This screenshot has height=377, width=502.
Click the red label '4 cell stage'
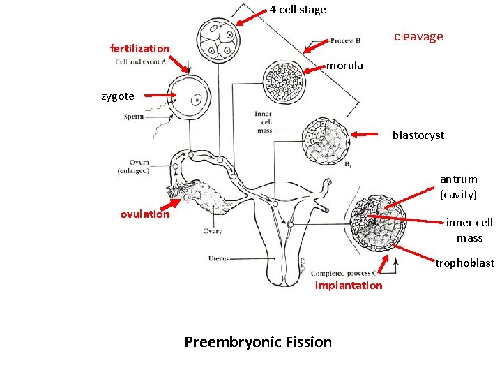coord(298,10)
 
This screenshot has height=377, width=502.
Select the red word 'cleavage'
coord(418,36)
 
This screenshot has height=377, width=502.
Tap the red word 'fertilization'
coord(139,48)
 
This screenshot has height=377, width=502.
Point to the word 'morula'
coord(344,66)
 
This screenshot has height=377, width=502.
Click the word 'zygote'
coord(118,96)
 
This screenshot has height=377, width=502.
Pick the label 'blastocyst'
coord(418,135)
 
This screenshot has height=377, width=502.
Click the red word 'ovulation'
coord(145,214)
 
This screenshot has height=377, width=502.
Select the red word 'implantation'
coord(349,285)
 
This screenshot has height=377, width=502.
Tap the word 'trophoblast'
coord(464,263)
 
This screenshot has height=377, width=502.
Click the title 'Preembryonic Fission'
coord(258,341)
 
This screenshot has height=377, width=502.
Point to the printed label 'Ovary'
coord(213,232)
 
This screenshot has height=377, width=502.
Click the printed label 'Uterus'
coord(218,259)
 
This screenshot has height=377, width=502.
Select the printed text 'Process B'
coord(346,40)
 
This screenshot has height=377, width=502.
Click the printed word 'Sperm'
coord(134,117)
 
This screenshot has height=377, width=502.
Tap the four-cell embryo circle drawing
coord(218,40)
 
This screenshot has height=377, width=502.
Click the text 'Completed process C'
coord(344,273)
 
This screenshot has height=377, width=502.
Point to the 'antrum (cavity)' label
coord(458,186)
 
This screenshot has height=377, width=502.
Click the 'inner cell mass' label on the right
coord(469,230)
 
